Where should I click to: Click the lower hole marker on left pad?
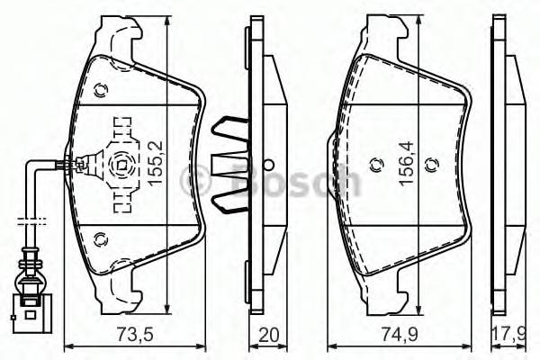coord(100,238)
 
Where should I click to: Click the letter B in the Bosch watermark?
coord(241,180)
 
